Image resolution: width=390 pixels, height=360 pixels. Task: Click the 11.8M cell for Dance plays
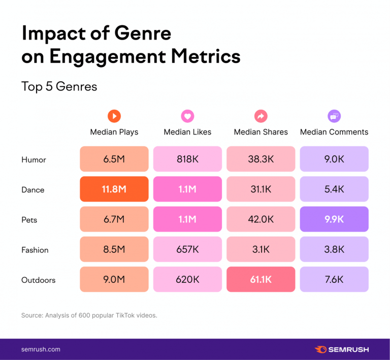pyautogui.click(x=114, y=189)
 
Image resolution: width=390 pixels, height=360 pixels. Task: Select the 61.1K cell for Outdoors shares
pyautogui.click(x=261, y=280)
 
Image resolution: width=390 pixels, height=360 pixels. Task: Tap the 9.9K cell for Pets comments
pyautogui.click(x=334, y=219)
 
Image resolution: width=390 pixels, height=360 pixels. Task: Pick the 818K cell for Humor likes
pyautogui.click(x=187, y=159)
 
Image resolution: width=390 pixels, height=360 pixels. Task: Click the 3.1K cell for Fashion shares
pyautogui.click(x=261, y=249)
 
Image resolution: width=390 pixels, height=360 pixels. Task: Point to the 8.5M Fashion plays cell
pyautogui.click(x=114, y=249)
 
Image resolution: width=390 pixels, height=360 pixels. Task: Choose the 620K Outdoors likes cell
pyautogui.click(x=187, y=280)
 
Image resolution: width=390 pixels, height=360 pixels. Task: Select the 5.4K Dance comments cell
pyautogui.click(x=334, y=189)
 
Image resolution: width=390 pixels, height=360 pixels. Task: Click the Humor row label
pyautogui.click(x=34, y=159)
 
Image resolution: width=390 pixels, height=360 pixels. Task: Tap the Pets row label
pyautogui.click(x=29, y=220)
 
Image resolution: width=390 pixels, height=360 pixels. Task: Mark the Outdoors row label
pyautogui.click(x=38, y=280)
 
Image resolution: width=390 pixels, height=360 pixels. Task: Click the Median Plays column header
pyautogui.click(x=114, y=132)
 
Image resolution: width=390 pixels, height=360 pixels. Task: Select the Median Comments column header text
pyautogui.click(x=334, y=132)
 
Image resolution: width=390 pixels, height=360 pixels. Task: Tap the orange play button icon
pyautogui.click(x=114, y=116)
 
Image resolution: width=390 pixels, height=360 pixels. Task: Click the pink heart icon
pyautogui.click(x=187, y=116)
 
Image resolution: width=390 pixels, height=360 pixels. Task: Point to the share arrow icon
pyautogui.click(x=261, y=116)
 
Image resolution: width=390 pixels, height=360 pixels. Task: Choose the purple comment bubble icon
pyautogui.click(x=334, y=116)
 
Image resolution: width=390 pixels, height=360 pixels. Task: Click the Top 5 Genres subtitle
pyautogui.click(x=59, y=86)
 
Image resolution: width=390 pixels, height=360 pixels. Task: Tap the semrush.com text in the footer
pyautogui.click(x=41, y=349)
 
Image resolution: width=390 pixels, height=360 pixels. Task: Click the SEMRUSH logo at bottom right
pyautogui.click(x=342, y=349)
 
